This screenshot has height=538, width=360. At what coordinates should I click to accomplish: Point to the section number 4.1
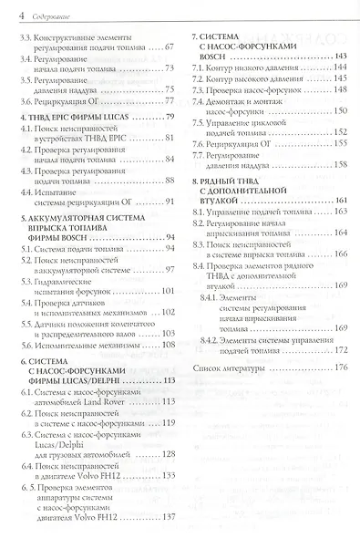[25, 136]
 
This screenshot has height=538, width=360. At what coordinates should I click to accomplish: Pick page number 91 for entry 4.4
[168, 201]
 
